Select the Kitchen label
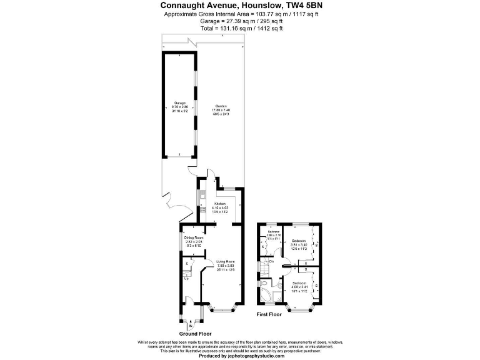tap(220, 204)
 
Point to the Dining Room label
tap(194, 238)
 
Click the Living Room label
tap(226, 262)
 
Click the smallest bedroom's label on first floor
tap(273, 232)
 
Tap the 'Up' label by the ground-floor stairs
tap(186, 279)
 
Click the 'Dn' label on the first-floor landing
tap(272, 261)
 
